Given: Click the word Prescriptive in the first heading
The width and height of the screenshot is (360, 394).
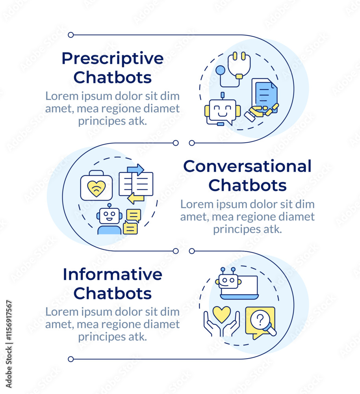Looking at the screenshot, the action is click(x=112, y=59).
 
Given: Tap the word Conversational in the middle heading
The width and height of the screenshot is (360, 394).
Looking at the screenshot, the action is click(x=247, y=166).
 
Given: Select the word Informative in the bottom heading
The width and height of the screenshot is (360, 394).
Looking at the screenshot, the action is click(x=112, y=274).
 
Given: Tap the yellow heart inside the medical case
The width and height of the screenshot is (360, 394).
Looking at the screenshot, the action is click(x=96, y=188).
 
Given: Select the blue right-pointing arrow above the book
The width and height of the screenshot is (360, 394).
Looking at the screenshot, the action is click(x=135, y=169).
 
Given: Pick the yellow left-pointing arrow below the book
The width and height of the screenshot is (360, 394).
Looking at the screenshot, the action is click(x=136, y=198).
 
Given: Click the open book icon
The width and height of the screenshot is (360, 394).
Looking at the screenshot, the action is click(x=136, y=184).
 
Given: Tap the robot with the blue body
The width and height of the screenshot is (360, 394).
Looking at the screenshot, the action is click(x=109, y=221).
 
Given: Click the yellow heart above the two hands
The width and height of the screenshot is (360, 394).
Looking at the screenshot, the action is click(x=221, y=314).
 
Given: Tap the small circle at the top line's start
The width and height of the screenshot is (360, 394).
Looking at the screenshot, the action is click(x=71, y=35).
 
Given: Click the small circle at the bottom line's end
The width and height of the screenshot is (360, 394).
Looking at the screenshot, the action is click(x=71, y=359).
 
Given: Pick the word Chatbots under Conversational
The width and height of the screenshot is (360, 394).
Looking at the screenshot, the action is click(x=247, y=185).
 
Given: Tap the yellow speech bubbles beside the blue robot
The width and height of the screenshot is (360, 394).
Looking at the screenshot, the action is click(x=131, y=221).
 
